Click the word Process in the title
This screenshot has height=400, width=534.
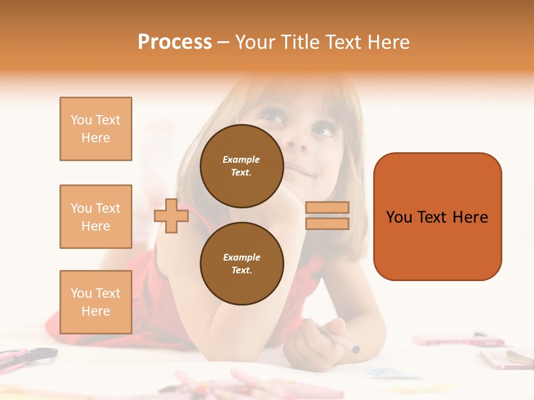(175, 42)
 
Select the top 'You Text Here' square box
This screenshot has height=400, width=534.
(96, 129)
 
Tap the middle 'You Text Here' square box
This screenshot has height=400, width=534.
(96, 217)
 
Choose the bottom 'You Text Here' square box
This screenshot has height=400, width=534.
(96, 302)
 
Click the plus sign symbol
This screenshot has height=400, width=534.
(171, 216)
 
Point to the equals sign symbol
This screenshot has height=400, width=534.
(327, 216)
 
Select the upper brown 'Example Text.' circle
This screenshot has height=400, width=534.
(241, 166)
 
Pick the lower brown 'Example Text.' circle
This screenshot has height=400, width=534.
(241, 263)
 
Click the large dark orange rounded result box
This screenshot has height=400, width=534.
(437, 217)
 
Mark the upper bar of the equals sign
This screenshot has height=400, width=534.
(327, 208)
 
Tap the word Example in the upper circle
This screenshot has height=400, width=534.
(241, 159)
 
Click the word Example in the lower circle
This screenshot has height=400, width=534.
(241, 257)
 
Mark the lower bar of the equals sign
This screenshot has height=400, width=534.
(327, 223)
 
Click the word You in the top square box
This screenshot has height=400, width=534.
(81, 120)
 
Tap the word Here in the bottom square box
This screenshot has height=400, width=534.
(96, 311)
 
